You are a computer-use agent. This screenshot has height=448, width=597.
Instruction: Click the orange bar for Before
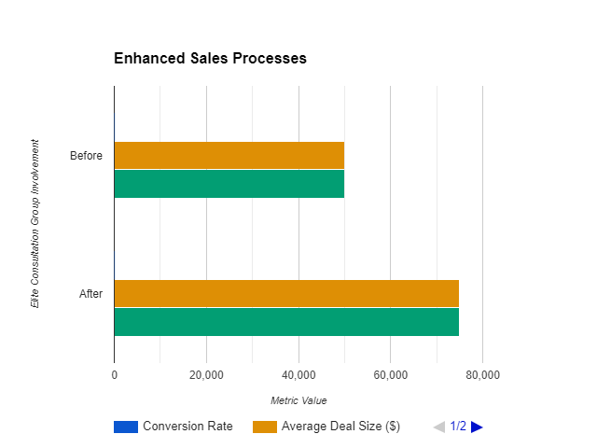coord(229,155)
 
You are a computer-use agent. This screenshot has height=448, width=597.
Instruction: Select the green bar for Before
coord(229,184)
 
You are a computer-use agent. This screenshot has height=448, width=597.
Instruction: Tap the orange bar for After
coord(286,293)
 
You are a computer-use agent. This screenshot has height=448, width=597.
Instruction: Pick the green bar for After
coord(286,322)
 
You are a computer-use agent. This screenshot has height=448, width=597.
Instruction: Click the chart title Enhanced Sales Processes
coord(210,59)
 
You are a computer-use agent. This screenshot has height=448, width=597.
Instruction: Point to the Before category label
coord(86,156)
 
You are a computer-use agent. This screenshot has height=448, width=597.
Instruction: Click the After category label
coord(90,294)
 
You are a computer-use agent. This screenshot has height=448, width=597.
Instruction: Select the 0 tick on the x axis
coord(114,375)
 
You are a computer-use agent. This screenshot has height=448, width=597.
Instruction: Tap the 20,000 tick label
coord(205,375)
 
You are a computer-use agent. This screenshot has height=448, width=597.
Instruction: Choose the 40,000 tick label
coord(298,375)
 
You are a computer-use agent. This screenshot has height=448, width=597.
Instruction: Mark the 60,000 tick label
coord(390,375)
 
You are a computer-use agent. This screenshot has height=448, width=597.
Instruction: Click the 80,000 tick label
coord(482,375)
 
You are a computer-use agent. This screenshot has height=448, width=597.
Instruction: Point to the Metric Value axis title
coord(298,400)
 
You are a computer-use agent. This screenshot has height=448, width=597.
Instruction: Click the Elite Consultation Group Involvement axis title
coord(35,224)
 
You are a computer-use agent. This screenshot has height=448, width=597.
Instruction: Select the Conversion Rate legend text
coord(187,427)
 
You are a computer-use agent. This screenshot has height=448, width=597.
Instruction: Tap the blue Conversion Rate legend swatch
coord(125,427)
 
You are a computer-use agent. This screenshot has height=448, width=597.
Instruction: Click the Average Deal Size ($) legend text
coord(340,427)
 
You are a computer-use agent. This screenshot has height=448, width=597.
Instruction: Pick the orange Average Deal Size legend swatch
coord(265,427)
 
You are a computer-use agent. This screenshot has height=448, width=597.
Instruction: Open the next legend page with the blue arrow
coord(477,427)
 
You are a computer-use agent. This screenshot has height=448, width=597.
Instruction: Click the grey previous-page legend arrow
coord(438,427)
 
